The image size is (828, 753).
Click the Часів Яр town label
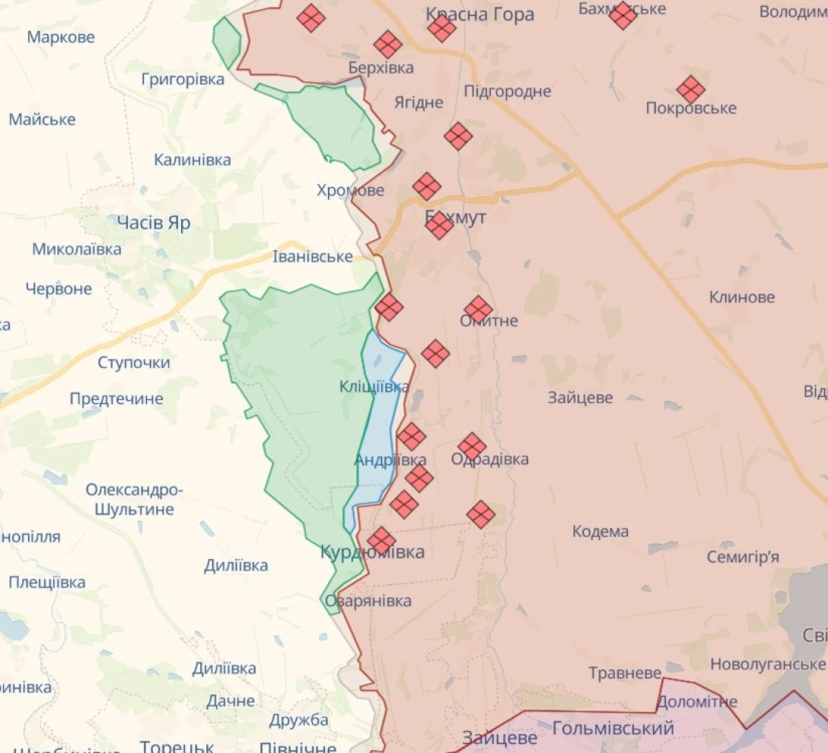[x=153, y=223]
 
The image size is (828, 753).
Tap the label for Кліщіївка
[x=374, y=387]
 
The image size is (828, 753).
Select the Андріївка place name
[x=390, y=460]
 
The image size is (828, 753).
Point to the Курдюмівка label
[x=372, y=552]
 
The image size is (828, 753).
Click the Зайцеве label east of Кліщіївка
[x=580, y=397]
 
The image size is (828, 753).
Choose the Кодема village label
[x=600, y=532]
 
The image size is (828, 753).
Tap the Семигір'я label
[x=742, y=558]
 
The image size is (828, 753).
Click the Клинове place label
[x=742, y=297]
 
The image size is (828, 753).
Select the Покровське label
[x=690, y=108]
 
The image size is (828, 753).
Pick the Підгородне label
[x=508, y=91]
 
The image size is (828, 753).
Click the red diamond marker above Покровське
[x=690, y=90]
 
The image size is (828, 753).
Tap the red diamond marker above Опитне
[x=478, y=309]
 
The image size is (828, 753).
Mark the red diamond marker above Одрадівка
[x=472, y=446]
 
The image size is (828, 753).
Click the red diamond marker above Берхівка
[x=387, y=45]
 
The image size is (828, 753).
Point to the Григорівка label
[x=183, y=79]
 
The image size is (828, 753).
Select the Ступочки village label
[x=134, y=363]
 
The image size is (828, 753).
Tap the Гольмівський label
[x=613, y=729]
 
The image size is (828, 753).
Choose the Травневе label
[x=625, y=673]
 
